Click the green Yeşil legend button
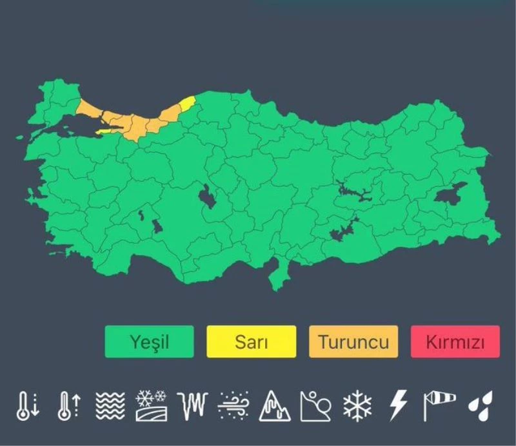point(149,342)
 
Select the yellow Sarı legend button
point(251,342)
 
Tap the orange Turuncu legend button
point(353,342)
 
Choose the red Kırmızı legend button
point(455,342)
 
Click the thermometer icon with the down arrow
point(27,406)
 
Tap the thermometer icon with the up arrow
point(68,406)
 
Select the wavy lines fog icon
point(110,406)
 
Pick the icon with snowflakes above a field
point(152,406)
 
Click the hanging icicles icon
point(193,406)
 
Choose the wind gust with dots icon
point(233,406)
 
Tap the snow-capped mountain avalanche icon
point(275,406)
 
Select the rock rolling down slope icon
point(315,406)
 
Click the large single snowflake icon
point(357,406)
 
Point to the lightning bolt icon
point(397,406)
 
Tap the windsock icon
point(439,405)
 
